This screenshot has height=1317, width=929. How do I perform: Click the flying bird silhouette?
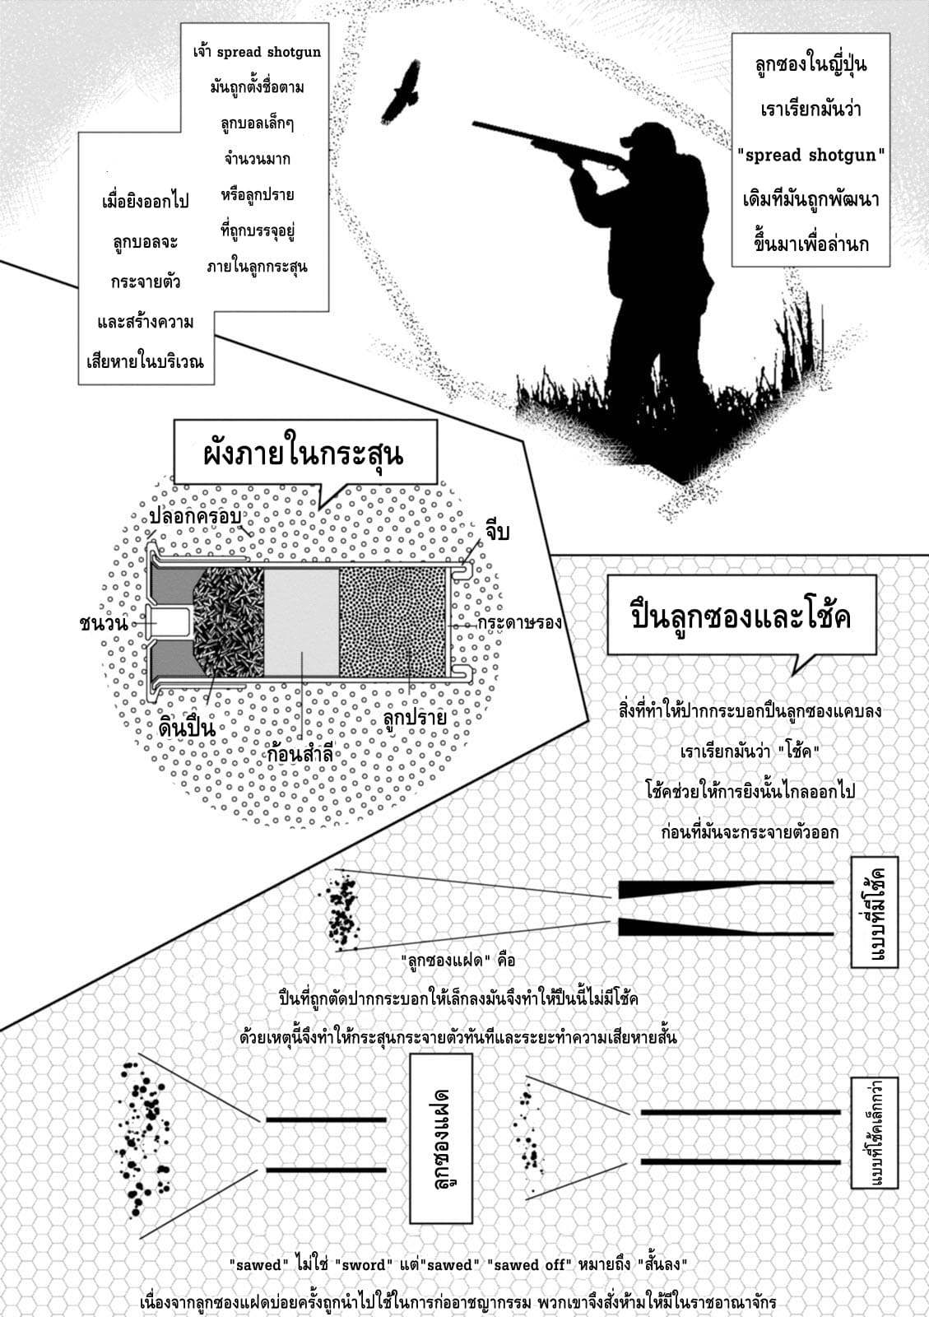click(x=402, y=92)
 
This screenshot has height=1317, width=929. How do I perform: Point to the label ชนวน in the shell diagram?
click(x=104, y=623)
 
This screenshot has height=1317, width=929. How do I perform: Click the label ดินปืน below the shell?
click(x=187, y=728)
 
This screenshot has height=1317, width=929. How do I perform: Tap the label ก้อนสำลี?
click(x=300, y=753)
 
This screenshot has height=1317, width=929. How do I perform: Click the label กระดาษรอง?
click(x=519, y=622)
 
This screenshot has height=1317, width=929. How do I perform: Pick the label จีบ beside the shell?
click(x=496, y=531)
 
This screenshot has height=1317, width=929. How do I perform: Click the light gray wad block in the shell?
click(x=301, y=622)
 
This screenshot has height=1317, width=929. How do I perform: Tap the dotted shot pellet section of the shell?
click(x=393, y=622)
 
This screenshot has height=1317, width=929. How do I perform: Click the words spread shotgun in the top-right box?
click(x=811, y=156)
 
